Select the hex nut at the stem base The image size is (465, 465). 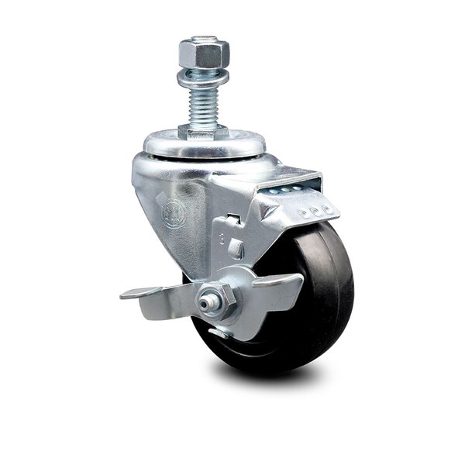201,132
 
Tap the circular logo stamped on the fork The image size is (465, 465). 173,212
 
